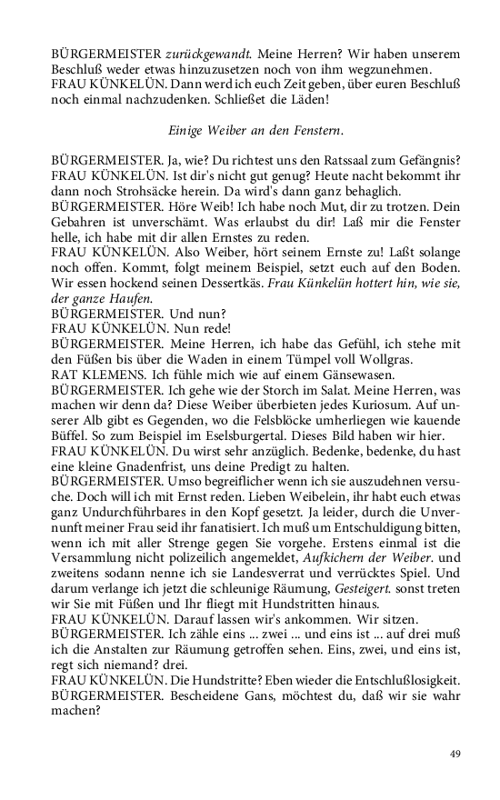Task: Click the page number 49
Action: (x=455, y=752)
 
